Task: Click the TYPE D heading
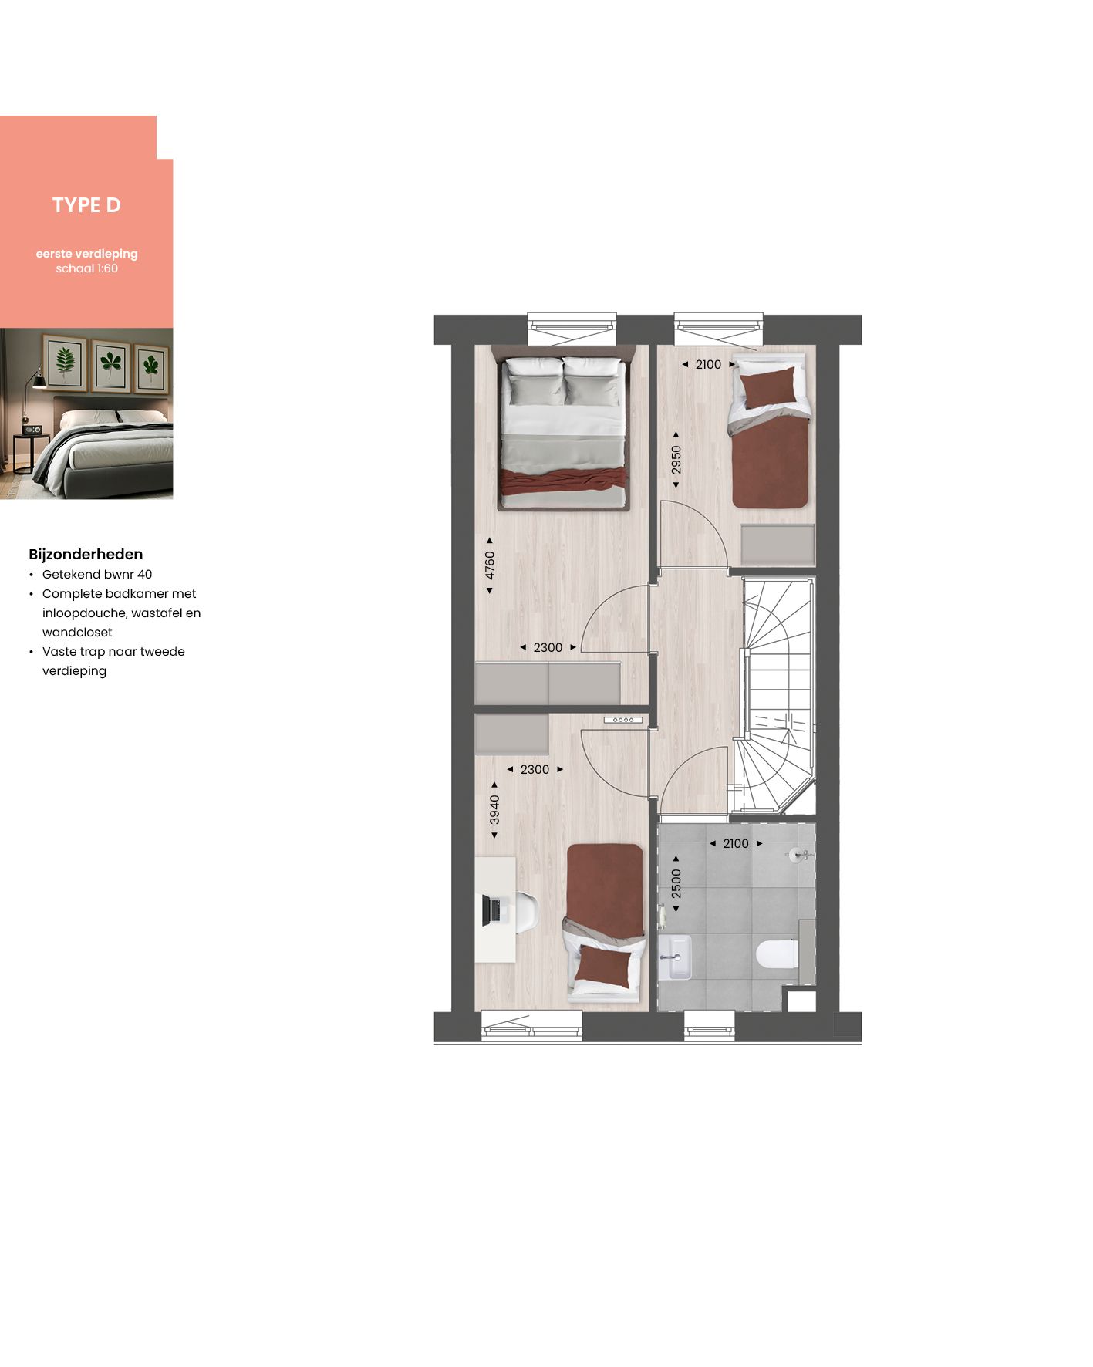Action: (86, 205)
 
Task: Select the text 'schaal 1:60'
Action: (86, 268)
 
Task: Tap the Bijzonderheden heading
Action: (86, 554)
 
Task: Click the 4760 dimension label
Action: (490, 565)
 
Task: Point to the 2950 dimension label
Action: (676, 460)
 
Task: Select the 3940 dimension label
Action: (494, 810)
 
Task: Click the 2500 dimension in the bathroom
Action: (676, 883)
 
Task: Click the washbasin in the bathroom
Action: (676, 957)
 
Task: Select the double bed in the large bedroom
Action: (563, 432)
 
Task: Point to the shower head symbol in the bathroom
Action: (799, 855)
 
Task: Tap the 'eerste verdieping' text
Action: (86, 254)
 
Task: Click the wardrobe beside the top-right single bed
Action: (778, 545)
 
